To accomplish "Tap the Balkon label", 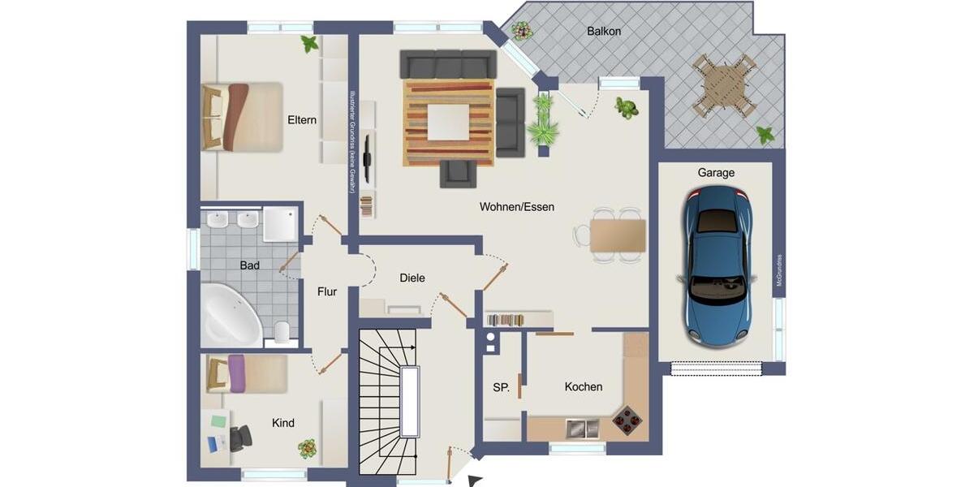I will [603, 32].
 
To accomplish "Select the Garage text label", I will [716, 173].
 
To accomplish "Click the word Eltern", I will [302, 120].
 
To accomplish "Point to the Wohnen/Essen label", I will [517, 207].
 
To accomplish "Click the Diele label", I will [412, 278].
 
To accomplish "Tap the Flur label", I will [327, 291].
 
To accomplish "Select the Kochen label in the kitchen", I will [584, 387].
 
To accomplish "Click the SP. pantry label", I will [502, 388].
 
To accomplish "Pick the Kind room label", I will [283, 423].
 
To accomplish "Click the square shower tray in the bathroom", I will [281, 223].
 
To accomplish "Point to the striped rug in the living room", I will [449, 122].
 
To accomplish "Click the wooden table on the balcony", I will [722, 85].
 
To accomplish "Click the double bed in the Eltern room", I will [241, 116].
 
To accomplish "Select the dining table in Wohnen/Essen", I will [618, 236].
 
